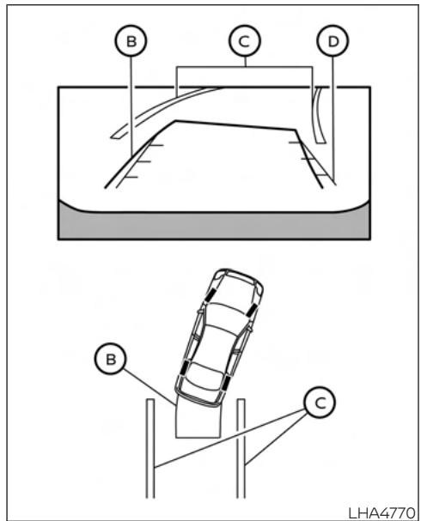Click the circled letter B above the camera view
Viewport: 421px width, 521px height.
pyautogui.click(x=131, y=40)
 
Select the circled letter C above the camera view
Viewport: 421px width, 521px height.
pyautogui.click(x=245, y=40)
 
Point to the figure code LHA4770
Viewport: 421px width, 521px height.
pyautogui.click(x=382, y=511)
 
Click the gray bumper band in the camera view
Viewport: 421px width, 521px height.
pyautogui.click(x=215, y=225)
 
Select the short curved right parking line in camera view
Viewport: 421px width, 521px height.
pyautogui.click(x=320, y=116)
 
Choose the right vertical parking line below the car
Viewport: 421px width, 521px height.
pyautogui.click(x=242, y=446)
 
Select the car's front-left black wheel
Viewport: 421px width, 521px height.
pyautogui.click(x=210, y=293)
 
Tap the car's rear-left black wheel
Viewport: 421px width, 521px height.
pyautogui.click(x=182, y=366)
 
